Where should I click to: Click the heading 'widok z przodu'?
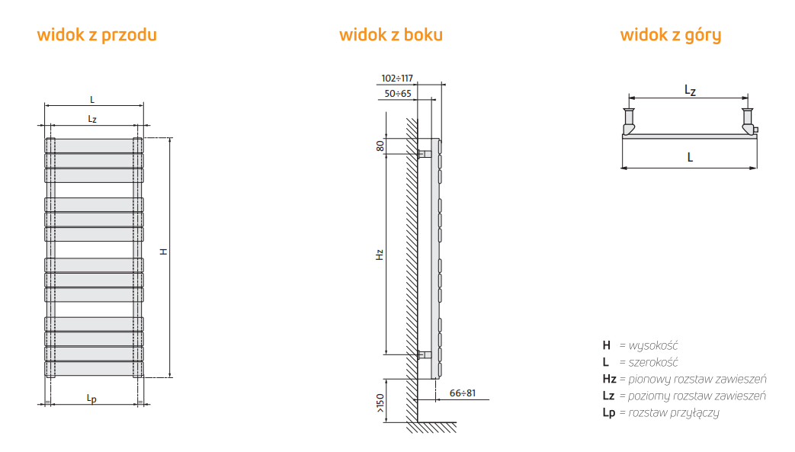(x=97, y=35)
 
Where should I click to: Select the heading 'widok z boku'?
(x=391, y=34)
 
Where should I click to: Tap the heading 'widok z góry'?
(x=670, y=35)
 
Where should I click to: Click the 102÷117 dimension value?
(x=397, y=78)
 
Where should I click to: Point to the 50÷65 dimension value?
(x=398, y=93)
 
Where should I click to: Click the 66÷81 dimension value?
(x=463, y=393)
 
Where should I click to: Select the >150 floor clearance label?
(x=380, y=402)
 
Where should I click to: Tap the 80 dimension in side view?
(x=380, y=146)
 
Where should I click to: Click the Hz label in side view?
(x=380, y=255)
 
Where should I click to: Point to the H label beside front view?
(x=163, y=252)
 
